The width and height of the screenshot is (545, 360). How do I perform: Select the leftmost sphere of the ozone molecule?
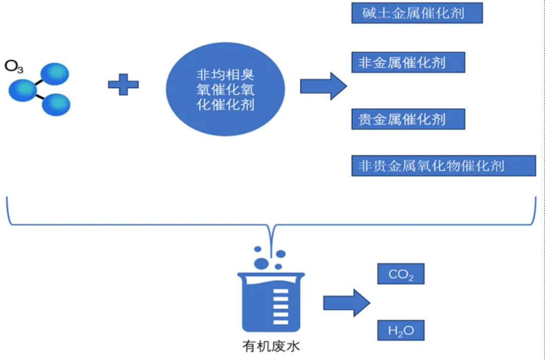(22, 90)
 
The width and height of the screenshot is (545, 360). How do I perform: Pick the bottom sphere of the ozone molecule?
(56, 104)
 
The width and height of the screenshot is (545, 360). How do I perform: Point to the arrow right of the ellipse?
(323, 86)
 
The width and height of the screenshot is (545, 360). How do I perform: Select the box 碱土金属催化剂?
(417, 13)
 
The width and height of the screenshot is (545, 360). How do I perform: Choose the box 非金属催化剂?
(408, 63)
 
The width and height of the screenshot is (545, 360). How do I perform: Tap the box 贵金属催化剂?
(408, 119)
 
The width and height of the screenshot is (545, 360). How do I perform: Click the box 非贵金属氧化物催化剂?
(443, 166)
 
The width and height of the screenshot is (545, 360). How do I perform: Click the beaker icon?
(271, 300)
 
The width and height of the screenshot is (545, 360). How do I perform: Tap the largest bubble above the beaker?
(261, 263)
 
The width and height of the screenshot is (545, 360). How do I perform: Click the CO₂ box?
(401, 274)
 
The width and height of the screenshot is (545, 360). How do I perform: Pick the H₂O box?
(401, 331)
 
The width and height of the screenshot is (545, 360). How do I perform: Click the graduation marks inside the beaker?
(279, 306)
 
